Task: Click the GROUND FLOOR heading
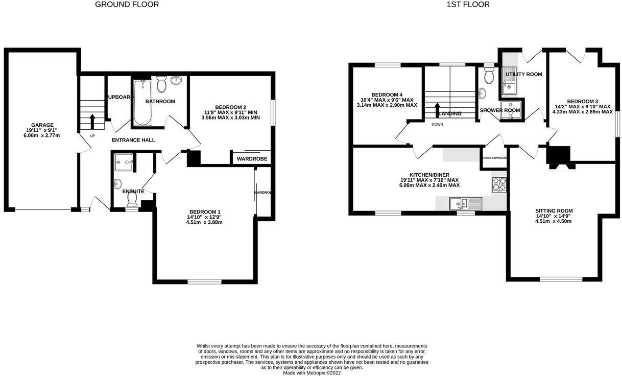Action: [127, 5]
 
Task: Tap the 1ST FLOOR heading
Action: [468, 5]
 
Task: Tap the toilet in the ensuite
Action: [132, 204]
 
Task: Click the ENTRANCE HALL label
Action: [133, 140]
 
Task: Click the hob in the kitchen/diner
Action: [499, 183]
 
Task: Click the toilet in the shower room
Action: [489, 76]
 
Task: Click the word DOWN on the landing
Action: [437, 124]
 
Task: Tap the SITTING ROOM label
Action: [554, 210]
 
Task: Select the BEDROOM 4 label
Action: [387, 95]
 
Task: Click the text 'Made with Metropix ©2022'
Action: [312, 373]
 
